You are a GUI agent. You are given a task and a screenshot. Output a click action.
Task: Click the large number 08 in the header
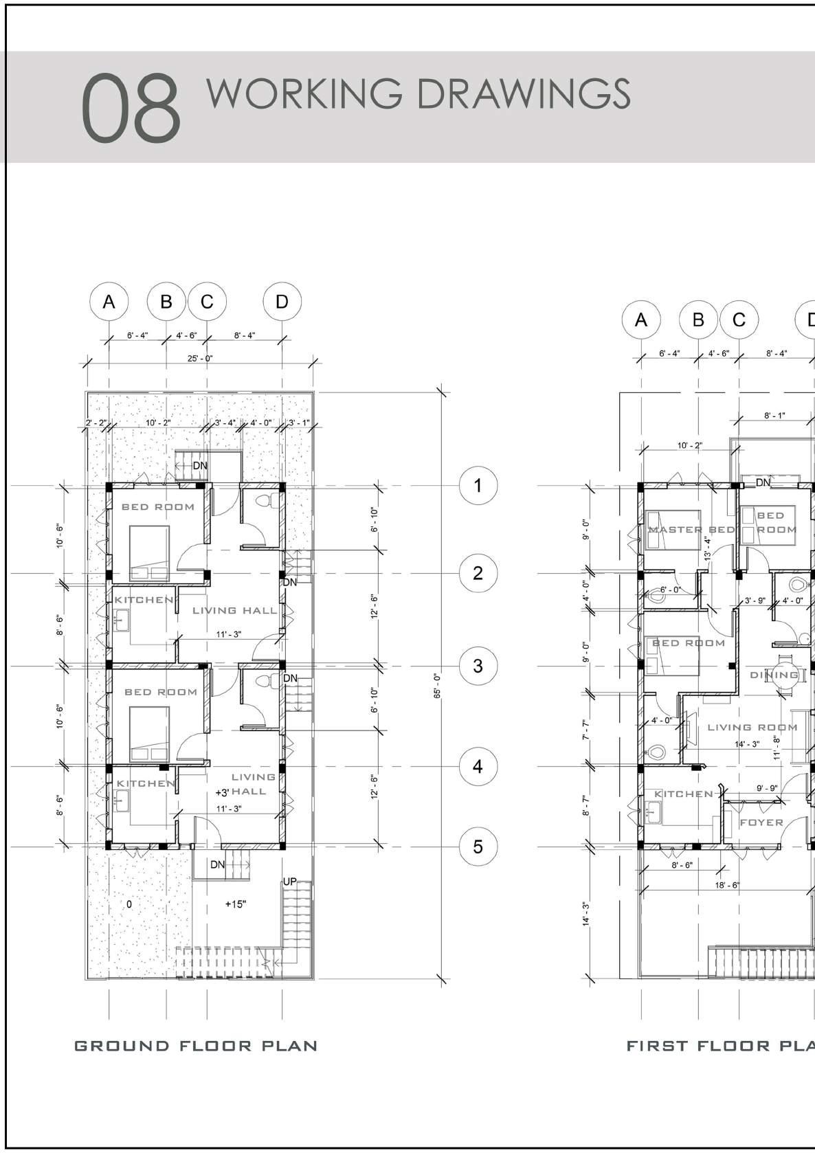tap(131, 109)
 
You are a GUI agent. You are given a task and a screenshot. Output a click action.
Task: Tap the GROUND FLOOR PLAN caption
tap(196, 1046)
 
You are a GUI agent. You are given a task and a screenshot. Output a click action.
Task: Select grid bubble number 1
tap(478, 486)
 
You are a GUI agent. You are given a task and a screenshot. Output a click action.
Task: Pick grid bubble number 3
tap(478, 666)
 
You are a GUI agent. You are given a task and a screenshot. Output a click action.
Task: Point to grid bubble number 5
tap(478, 847)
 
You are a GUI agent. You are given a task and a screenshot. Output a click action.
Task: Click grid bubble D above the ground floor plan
tap(282, 302)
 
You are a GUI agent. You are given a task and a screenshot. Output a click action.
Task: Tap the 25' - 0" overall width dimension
tap(199, 358)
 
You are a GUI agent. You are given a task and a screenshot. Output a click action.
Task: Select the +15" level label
tap(235, 904)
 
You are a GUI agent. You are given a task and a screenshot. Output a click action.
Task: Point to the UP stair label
tap(290, 882)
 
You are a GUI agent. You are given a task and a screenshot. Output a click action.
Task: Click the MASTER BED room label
tap(691, 530)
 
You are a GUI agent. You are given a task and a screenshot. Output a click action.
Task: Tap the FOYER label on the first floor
tap(761, 822)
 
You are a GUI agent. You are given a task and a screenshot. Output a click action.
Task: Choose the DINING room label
tap(774, 675)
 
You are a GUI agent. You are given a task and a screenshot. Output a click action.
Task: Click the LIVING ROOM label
tap(752, 727)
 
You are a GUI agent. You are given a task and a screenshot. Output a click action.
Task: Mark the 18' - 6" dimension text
tap(727, 885)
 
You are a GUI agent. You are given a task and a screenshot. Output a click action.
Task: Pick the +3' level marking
tap(222, 792)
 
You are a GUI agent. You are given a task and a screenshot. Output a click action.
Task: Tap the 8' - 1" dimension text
tap(774, 416)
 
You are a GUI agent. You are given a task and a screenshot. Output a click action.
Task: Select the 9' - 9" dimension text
tap(767, 788)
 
